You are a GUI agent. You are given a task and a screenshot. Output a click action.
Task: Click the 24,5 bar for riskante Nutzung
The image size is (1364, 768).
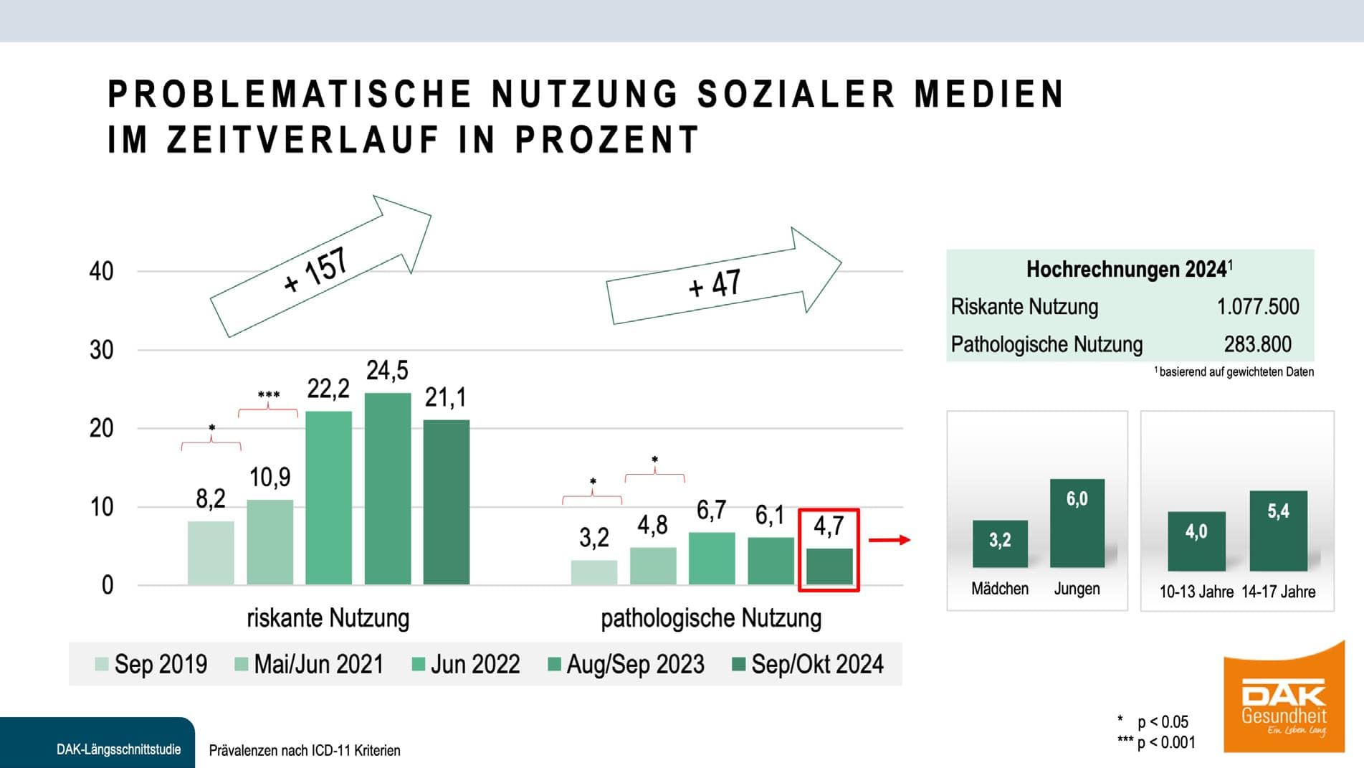(387, 488)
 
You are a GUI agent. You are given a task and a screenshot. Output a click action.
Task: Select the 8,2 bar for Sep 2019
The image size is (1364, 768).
(211, 553)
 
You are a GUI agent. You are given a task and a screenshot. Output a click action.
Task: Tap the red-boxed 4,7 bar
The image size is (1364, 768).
(829, 566)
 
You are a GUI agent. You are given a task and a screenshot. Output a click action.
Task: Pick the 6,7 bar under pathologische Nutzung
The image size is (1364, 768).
(712, 559)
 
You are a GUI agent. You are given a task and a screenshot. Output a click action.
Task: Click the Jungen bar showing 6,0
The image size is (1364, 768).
(1077, 523)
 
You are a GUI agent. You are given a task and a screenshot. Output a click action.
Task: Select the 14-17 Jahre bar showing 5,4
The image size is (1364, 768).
(1278, 531)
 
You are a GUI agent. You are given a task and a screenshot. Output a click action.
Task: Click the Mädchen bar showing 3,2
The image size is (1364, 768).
(1000, 544)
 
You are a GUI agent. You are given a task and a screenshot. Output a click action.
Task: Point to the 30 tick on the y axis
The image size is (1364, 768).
(102, 351)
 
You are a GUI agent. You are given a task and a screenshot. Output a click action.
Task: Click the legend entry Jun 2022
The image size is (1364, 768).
(466, 664)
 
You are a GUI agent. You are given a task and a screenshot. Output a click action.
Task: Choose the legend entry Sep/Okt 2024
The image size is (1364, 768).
(808, 664)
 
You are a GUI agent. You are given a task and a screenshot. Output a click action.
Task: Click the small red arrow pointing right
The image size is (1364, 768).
(889, 540)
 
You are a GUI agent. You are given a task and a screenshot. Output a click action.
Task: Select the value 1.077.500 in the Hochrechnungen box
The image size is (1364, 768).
(1257, 307)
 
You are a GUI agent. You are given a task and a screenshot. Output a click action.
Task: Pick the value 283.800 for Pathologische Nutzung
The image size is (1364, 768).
(1257, 345)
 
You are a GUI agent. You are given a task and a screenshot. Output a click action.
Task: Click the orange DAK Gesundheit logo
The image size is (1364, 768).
(1283, 699)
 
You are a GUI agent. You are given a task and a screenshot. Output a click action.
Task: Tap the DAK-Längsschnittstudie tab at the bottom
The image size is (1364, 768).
(118, 749)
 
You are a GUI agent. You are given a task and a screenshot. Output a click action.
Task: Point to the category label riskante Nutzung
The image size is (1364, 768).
(328, 618)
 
